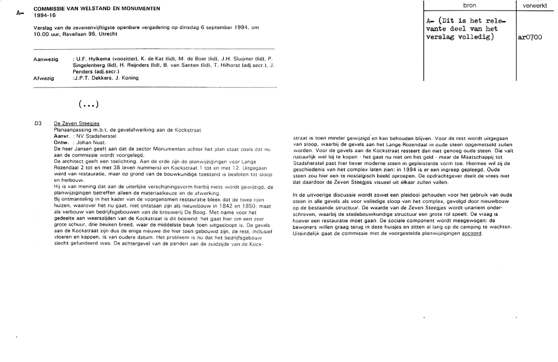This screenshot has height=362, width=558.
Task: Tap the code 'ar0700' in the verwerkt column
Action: (x=531, y=38)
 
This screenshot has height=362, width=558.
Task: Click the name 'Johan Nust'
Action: (x=88, y=143)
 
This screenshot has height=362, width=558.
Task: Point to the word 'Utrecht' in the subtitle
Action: (x=109, y=34)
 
